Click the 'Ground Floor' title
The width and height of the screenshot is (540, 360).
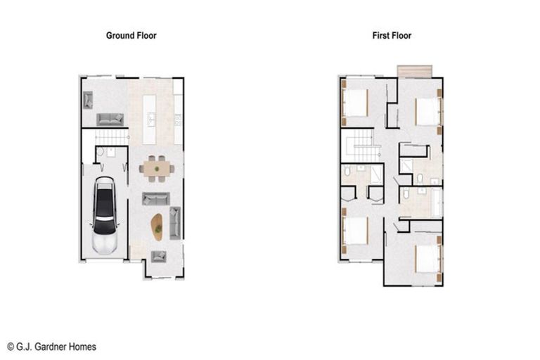click(131, 35)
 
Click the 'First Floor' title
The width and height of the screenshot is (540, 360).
click(392, 35)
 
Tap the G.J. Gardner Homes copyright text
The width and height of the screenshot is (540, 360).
click(51, 347)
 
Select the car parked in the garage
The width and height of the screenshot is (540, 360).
click(105, 215)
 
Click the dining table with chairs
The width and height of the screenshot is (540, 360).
click(155, 168)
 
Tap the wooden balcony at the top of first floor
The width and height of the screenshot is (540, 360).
click(413, 72)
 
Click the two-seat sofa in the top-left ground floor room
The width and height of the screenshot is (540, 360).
click(110, 119)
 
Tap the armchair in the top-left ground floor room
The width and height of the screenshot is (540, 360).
click(88, 100)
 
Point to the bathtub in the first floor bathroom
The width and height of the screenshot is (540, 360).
click(435, 202)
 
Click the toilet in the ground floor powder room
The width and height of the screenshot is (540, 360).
click(101, 151)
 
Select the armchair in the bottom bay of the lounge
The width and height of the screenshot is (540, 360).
click(158, 257)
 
